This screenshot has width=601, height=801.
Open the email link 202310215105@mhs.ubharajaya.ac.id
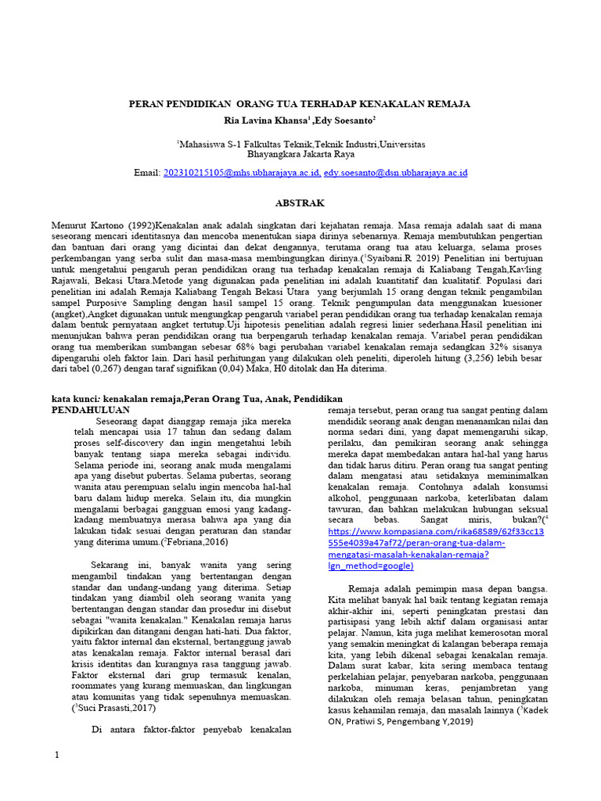[x=240, y=172]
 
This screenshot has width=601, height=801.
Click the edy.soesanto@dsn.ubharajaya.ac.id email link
[x=395, y=172]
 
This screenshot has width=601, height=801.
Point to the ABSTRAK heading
[x=300, y=203]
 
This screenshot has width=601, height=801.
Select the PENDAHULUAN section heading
[x=91, y=409]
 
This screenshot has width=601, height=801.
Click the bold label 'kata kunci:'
[x=79, y=398]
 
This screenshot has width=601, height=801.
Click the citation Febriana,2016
[x=193, y=541]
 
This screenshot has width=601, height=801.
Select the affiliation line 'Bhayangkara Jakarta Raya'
[x=300, y=155]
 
